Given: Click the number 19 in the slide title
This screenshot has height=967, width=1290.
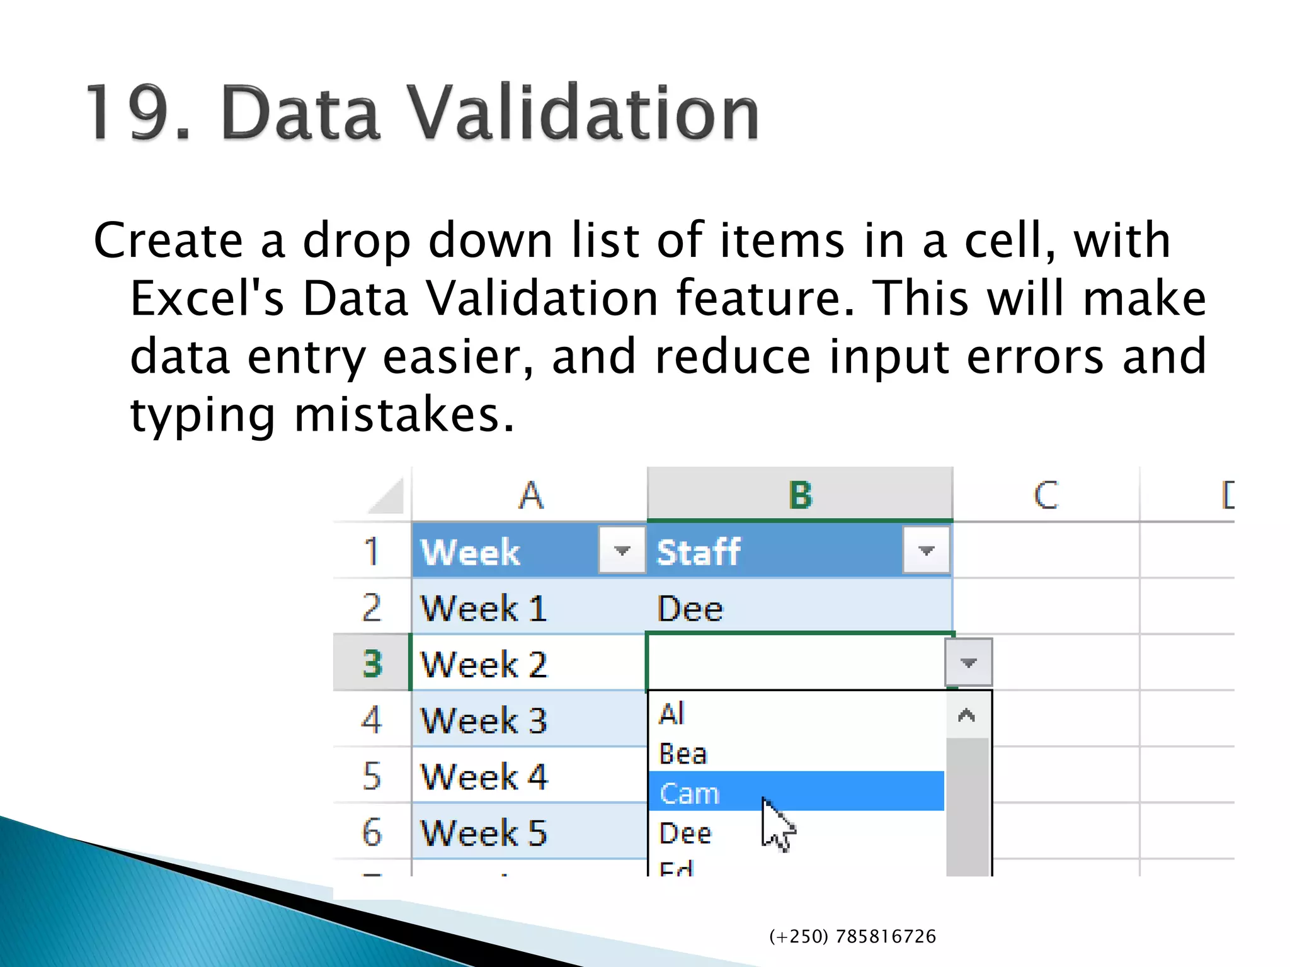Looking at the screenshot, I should pyautogui.click(x=129, y=113).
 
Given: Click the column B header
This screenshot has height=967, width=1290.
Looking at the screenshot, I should pyautogui.click(x=800, y=495).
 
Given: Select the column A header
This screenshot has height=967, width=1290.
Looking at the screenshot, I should pyautogui.click(x=530, y=495).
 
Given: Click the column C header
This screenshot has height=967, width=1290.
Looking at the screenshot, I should pyautogui.click(x=1046, y=495).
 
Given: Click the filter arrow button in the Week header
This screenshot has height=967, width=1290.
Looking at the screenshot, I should pyautogui.click(x=621, y=551).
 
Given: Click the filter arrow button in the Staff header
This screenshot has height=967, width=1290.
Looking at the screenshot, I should pyautogui.click(x=925, y=551).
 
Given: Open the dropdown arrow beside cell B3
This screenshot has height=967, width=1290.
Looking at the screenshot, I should pyautogui.click(x=968, y=662).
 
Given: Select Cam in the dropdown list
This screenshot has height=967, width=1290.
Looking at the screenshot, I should pyautogui.click(x=689, y=793).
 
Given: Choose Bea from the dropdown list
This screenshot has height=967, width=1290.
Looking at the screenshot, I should pyautogui.click(x=683, y=754).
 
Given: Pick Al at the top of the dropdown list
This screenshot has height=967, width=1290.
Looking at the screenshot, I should pyautogui.click(x=671, y=714).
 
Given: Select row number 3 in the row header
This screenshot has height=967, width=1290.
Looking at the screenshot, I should pyautogui.click(x=372, y=664).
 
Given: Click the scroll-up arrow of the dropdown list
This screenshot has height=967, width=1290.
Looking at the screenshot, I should pyautogui.click(x=966, y=715).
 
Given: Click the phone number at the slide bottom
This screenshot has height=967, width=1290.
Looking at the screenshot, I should pyautogui.click(x=852, y=937).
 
